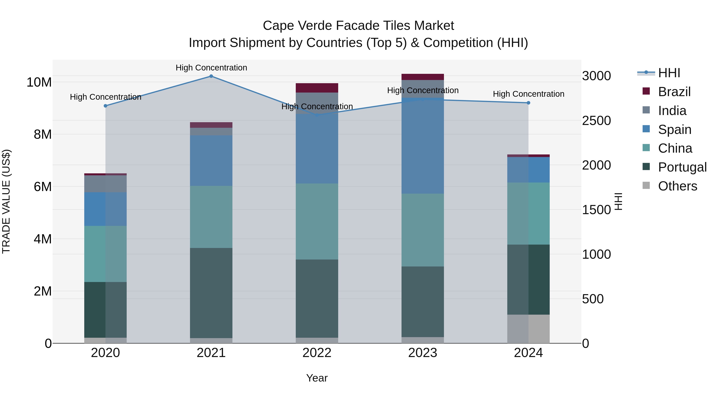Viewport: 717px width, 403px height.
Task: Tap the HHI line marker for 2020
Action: point(106,106)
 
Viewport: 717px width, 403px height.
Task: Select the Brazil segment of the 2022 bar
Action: point(317,88)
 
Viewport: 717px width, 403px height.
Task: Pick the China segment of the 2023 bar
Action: point(422,230)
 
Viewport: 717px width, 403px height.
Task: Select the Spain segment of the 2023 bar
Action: point(422,145)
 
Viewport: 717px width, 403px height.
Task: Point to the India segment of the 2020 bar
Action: point(106,184)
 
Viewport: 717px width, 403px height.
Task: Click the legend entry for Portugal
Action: point(682,167)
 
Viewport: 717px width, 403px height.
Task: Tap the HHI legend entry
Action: point(669,73)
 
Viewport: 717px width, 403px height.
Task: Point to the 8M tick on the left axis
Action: point(43,134)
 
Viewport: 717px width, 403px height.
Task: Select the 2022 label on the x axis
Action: point(317,353)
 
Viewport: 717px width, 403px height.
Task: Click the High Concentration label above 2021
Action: point(211,68)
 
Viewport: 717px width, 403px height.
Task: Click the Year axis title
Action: point(317,378)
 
